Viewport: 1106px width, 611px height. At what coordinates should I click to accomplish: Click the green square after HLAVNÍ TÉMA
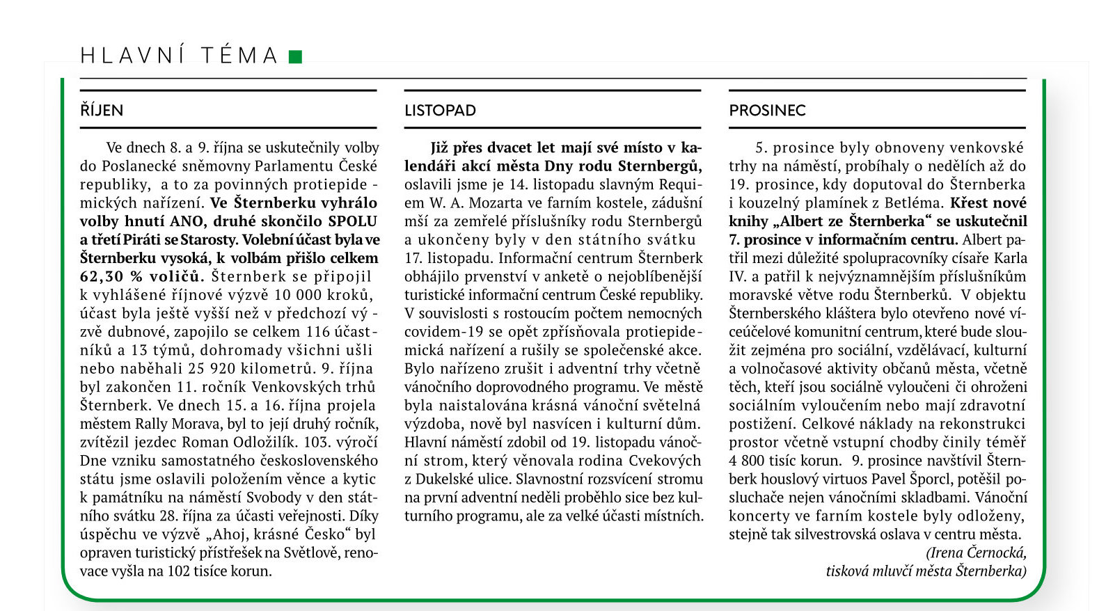point(295,56)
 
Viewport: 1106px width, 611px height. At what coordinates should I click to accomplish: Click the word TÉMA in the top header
point(239,56)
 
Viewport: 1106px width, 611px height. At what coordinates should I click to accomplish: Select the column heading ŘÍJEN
point(102,111)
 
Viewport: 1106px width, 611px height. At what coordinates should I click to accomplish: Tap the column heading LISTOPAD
point(440,111)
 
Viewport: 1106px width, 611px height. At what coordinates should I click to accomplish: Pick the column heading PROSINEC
point(767,111)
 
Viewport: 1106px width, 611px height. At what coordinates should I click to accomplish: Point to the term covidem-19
point(440,332)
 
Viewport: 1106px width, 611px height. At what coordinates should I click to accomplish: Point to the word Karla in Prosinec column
point(1010,258)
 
